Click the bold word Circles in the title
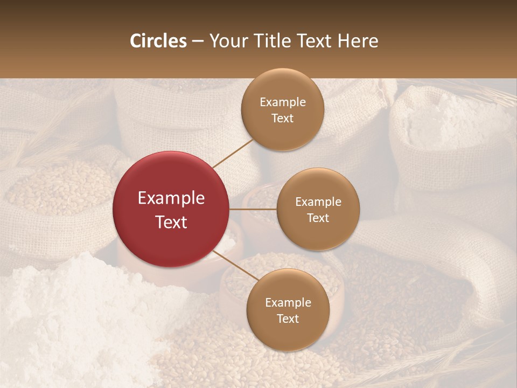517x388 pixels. click(158, 41)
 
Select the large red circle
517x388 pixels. click(171, 209)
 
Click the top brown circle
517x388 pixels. click(282, 109)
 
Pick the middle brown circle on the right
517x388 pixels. click(318, 209)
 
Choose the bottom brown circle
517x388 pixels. click(288, 310)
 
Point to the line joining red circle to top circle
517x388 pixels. click(233, 153)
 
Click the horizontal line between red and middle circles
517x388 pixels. click(253, 209)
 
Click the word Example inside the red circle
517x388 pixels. click(171, 198)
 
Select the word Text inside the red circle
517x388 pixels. click(171, 221)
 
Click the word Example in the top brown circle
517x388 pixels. click(282, 102)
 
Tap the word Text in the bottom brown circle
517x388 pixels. click(288, 318)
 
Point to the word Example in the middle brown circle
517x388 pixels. click(318, 202)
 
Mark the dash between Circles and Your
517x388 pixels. click(198, 41)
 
